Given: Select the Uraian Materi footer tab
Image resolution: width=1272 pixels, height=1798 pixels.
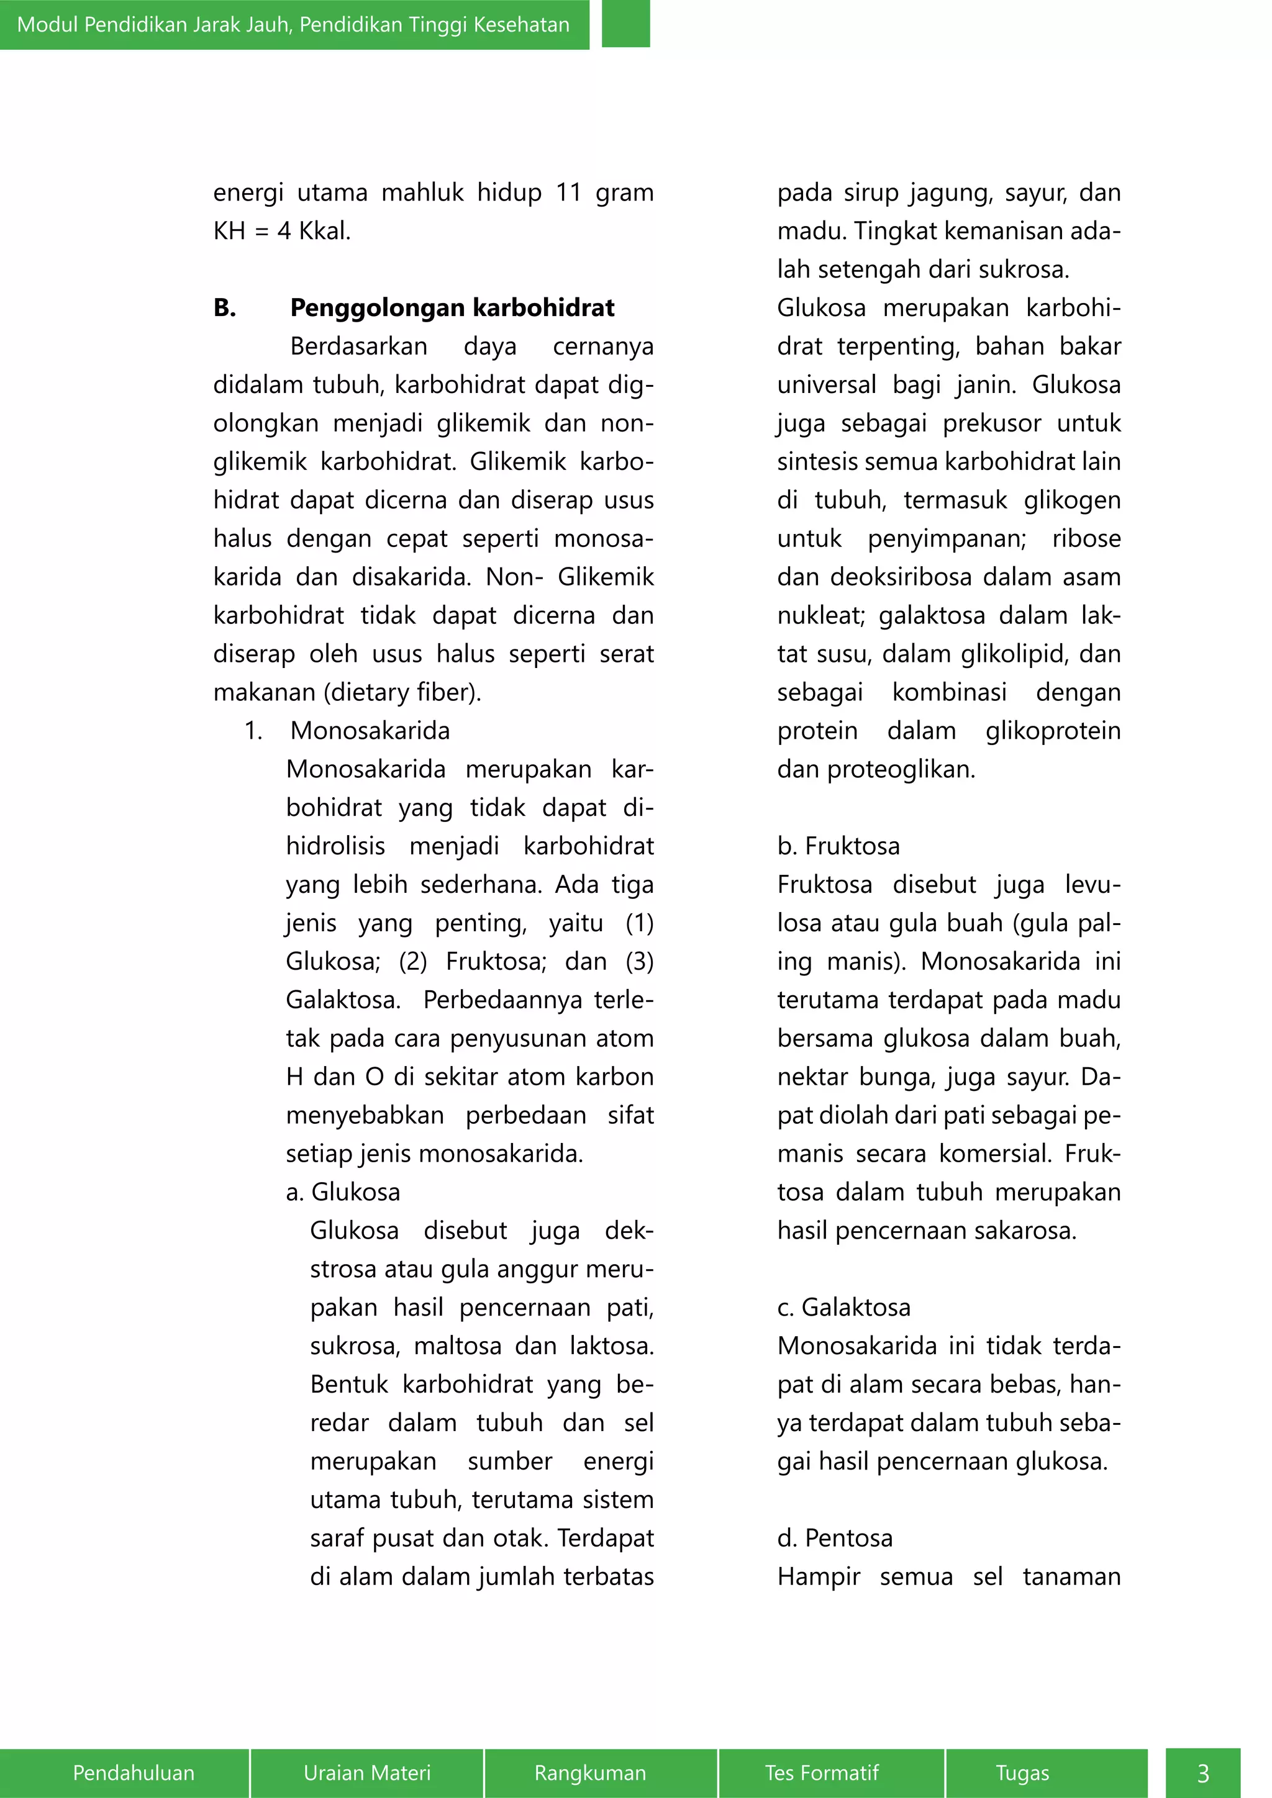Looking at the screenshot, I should pyautogui.click(x=366, y=1772).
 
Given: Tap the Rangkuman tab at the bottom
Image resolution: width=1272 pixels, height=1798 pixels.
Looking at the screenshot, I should pyautogui.click(x=590, y=1772).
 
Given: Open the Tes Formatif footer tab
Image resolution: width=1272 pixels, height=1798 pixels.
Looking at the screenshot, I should pyautogui.click(x=822, y=1772).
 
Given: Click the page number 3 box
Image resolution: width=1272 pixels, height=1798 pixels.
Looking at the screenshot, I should pyautogui.click(x=1203, y=1772).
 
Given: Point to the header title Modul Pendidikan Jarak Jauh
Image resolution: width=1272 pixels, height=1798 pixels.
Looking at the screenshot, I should pyautogui.click(x=293, y=24).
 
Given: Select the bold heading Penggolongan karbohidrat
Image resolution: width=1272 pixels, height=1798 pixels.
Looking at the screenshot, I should pyautogui.click(x=452, y=308).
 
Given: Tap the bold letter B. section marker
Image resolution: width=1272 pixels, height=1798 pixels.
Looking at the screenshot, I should pyautogui.click(x=225, y=308).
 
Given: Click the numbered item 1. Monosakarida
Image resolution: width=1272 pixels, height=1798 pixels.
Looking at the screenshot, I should pyautogui.click(x=347, y=731).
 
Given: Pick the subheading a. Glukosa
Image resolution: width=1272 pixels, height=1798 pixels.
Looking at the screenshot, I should pyautogui.click(x=343, y=1192).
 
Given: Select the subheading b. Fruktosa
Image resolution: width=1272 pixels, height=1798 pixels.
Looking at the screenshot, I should pyautogui.click(x=838, y=846).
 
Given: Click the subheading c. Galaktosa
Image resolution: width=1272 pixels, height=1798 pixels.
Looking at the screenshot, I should pyautogui.click(x=843, y=1307).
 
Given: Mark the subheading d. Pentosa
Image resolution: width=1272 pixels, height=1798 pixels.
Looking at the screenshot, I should pyautogui.click(x=834, y=1538).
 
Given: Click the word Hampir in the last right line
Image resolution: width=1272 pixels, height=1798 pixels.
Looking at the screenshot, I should pyautogui.click(x=818, y=1576).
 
